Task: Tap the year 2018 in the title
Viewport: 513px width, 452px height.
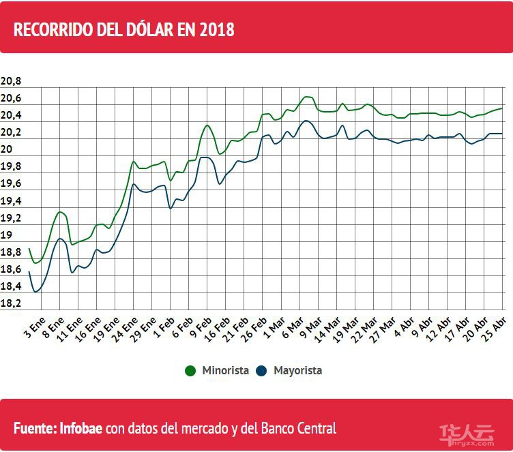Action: tap(216, 30)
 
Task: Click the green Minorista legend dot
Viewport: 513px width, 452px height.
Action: tap(191, 371)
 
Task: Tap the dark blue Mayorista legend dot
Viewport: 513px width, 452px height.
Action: tap(261, 371)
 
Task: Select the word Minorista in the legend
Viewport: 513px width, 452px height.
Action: tap(224, 371)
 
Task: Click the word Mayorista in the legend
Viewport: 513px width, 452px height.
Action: tap(297, 371)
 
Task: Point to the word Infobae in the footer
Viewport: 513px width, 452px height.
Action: tap(82, 429)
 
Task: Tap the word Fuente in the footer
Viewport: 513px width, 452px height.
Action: tap(34, 429)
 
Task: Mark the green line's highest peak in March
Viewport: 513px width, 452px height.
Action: tap(307, 96)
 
